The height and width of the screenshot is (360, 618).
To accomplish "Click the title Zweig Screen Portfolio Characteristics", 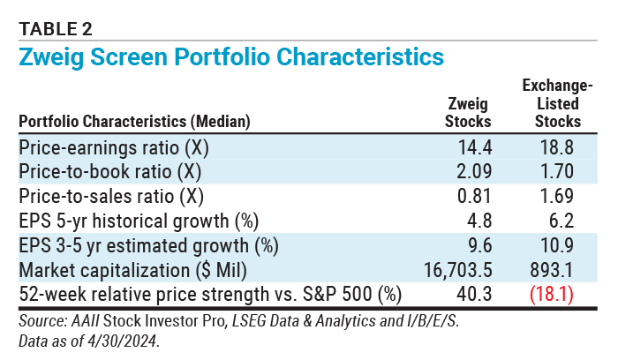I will [x=230, y=56].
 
